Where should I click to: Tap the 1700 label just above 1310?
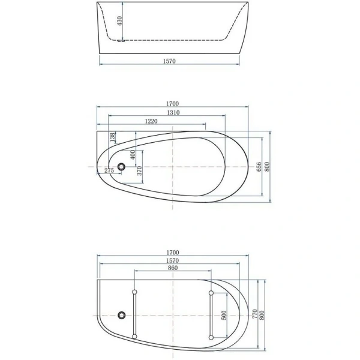pyautogui.click(x=173, y=103)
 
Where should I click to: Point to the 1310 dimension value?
pyautogui.click(x=173, y=113)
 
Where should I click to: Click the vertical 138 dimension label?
pyautogui.click(x=112, y=138)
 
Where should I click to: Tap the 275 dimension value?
pyautogui.click(x=109, y=171)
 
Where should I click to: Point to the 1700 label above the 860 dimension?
pyautogui.click(x=173, y=254)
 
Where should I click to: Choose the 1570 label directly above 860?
pyautogui.click(x=173, y=262)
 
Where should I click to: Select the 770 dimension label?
pyautogui.click(x=255, y=313)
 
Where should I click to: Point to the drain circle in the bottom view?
pyautogui.click(x=122, y=314)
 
